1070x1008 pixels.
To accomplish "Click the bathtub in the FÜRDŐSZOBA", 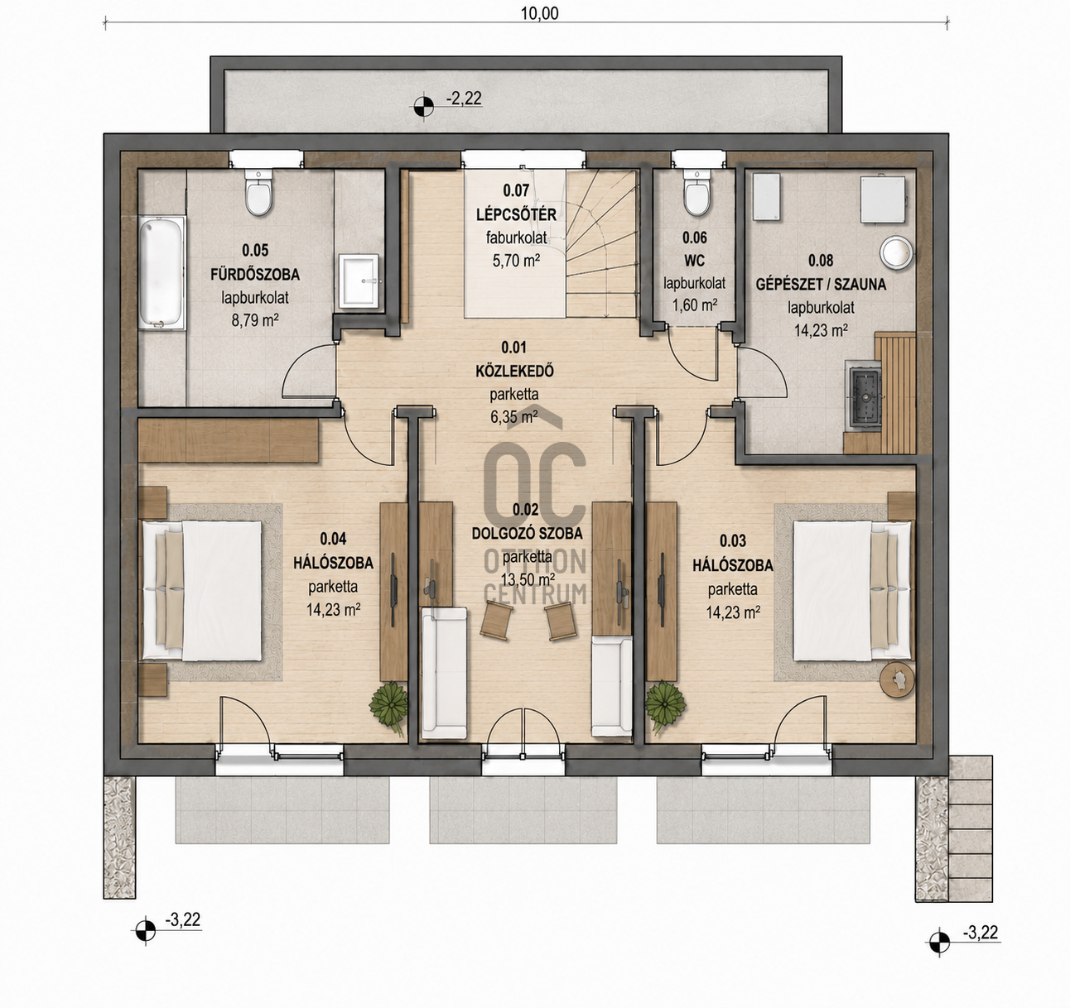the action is click(x=161, y=273).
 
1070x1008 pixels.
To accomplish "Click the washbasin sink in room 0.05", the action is click(x=359, y=281).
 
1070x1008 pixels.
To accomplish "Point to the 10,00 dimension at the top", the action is click(x=540, y=13).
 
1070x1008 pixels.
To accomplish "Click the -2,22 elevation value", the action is click(x=463, y=98).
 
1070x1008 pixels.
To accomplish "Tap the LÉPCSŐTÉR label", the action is click(x=516, y=214).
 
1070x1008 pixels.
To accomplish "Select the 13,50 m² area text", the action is click(x=528, y=579).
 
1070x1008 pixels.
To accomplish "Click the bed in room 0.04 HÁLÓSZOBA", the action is click(x=203, y=590).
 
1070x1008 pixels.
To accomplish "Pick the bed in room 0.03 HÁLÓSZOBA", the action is click(x=854, y=590).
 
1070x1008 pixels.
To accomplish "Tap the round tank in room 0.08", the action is click(x=896, y=252).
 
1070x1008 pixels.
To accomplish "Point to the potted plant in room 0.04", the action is click(x=388, y=705).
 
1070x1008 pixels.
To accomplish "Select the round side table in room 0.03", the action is click(x=897, y=679).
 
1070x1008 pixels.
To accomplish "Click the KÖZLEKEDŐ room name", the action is click(x=514, y=371).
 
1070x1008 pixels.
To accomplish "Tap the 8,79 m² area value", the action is click(x=255, y=321).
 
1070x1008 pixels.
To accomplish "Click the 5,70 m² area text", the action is click(x=516, y=261).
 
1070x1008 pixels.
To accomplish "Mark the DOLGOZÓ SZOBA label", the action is click(x=527, y=533).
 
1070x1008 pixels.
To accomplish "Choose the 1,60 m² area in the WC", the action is click(x=695, y=305).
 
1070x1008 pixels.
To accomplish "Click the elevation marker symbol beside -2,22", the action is click(x=423, y=106).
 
